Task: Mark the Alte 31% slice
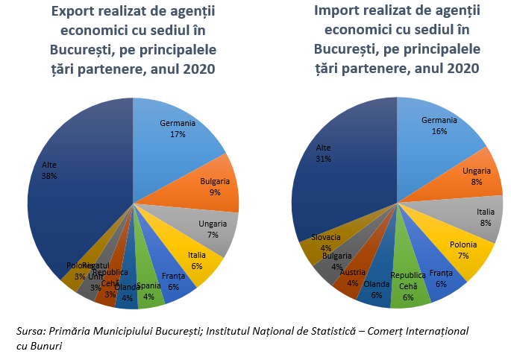pos(328,164)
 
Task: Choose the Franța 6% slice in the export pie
pos(175,281)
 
